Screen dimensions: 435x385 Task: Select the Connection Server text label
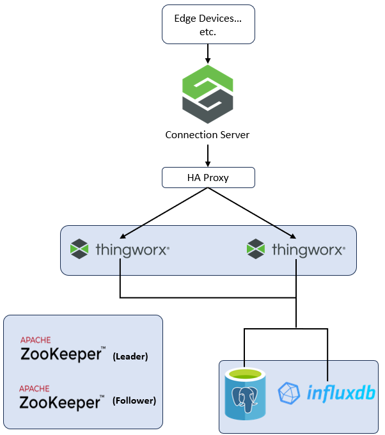207,135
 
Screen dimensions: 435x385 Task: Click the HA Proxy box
207,177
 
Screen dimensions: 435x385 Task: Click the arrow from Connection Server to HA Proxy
207,154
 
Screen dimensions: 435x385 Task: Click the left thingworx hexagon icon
79,249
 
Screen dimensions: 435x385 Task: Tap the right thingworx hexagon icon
256,249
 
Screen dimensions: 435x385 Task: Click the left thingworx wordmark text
132,249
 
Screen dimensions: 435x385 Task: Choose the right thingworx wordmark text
309,249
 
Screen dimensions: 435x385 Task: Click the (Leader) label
130,356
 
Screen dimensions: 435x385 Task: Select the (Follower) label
134,401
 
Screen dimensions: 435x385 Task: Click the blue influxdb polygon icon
290,393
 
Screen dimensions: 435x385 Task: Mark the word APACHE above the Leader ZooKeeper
35,340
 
